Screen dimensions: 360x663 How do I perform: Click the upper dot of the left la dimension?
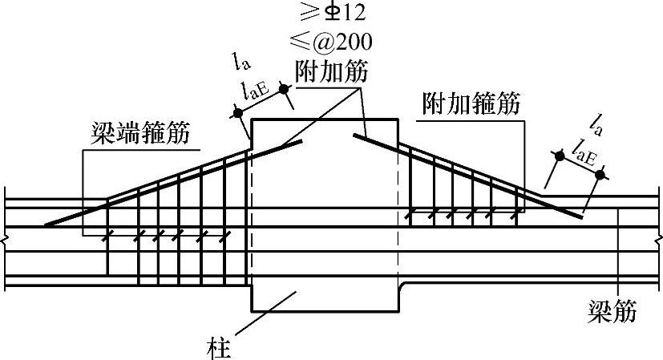coord(285,87)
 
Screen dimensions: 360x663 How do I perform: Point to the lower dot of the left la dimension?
coord(239,113)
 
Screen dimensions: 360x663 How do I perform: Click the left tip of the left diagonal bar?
coord(46,225)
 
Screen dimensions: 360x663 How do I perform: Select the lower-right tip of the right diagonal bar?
coord(580,216)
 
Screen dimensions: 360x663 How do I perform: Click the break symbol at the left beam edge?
coord(5,239)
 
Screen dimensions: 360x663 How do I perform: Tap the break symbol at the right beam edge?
coord(657,239)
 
